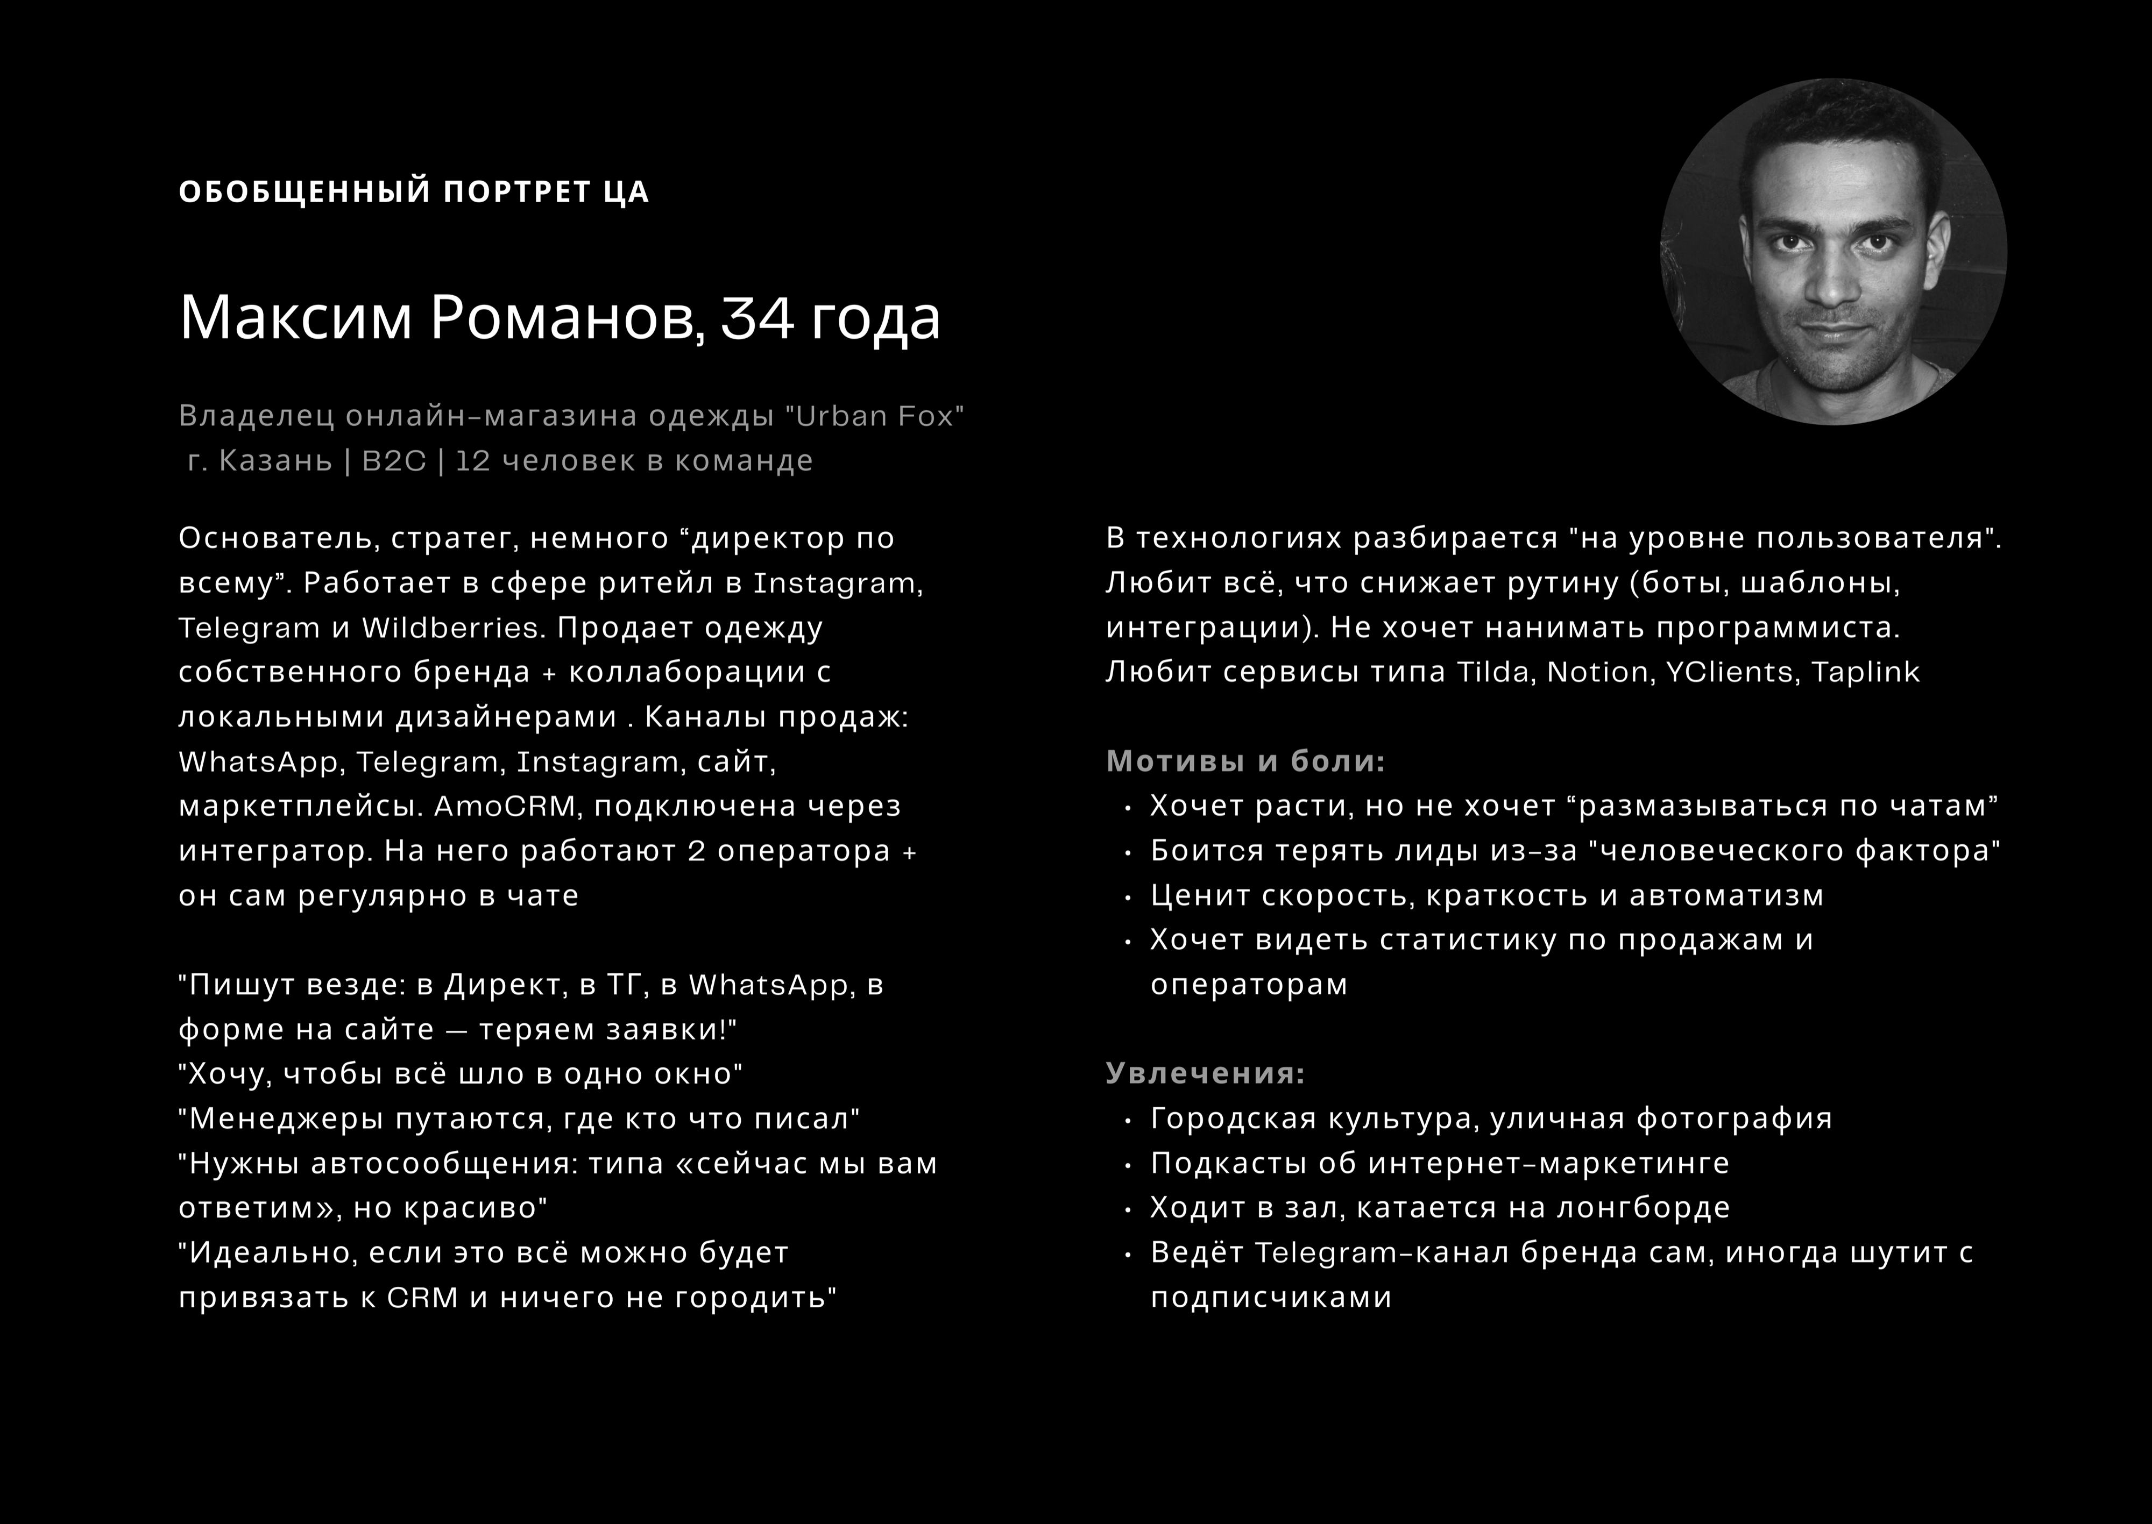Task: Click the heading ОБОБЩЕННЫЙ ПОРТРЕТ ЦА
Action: tap(413, 191)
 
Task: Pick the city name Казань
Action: tap(275, 461)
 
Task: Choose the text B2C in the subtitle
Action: tap(394, 461)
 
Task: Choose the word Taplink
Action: tap(1866, 672)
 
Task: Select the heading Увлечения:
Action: tap(1206, 1073)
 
